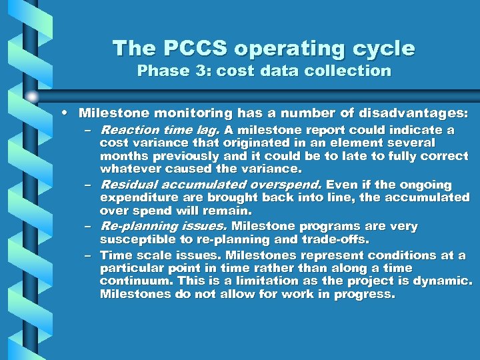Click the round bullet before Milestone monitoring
tap(70, 114)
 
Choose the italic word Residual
tap(129, 185)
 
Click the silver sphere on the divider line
tap(32, 97)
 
